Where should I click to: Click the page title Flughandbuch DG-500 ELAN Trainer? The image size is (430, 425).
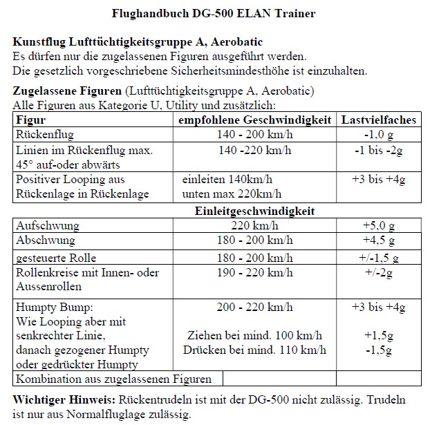pos(214,13)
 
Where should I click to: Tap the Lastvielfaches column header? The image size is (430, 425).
pos(379,120)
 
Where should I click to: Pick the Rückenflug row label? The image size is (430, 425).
pos(45,133)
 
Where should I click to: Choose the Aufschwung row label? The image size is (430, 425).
pos(48,225)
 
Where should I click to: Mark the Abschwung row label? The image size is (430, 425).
pos(47,240)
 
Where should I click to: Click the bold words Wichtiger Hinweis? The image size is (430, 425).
pos(64,400)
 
